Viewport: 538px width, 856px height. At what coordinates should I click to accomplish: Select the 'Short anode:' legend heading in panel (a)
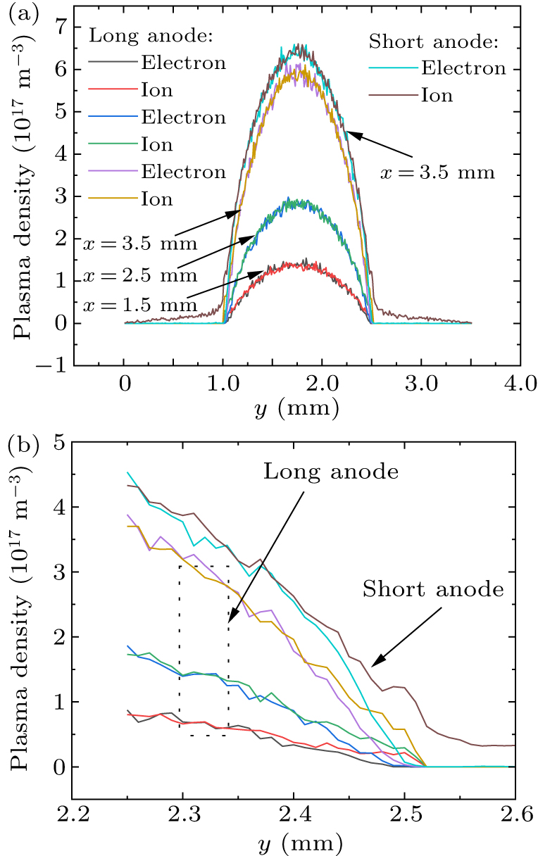point(433,42)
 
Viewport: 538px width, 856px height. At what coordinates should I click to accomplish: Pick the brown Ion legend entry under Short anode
point(437,95)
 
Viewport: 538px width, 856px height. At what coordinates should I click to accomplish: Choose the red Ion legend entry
point(157,89)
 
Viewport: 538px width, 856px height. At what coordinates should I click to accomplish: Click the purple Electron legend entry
point(184,172)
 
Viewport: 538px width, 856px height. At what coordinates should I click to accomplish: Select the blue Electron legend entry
point(184,117)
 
